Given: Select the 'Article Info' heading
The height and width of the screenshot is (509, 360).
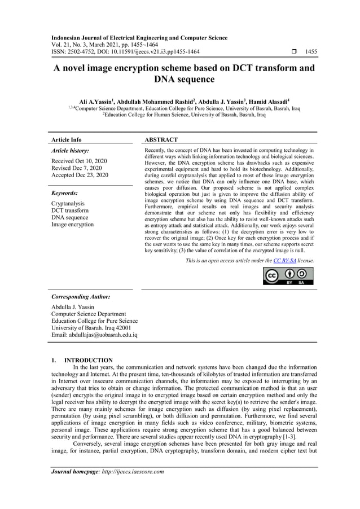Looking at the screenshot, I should point(66,139).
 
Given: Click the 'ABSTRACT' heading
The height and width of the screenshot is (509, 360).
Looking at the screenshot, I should point(161,139).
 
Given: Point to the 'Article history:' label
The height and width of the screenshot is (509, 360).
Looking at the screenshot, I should point(70,151).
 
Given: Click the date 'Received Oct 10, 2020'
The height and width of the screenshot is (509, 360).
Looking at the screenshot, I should point(80,161).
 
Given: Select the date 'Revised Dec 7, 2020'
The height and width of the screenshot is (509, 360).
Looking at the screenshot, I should point(77,168).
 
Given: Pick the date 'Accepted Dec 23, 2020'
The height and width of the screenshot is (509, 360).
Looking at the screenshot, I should point(80,175).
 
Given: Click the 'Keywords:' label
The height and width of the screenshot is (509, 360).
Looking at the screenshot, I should point(64,192).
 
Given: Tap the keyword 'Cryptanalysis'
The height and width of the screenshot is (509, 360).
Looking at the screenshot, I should point(68,203).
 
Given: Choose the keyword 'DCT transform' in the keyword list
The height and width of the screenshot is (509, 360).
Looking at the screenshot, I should point(69,210).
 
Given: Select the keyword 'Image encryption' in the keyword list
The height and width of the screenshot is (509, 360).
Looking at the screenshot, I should point(72,225).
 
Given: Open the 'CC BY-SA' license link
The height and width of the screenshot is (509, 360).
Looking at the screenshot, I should point(285,261).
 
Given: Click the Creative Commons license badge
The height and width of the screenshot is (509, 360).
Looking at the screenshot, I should point(288,276).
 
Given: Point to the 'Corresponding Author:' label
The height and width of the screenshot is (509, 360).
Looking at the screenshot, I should point(81,296).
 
